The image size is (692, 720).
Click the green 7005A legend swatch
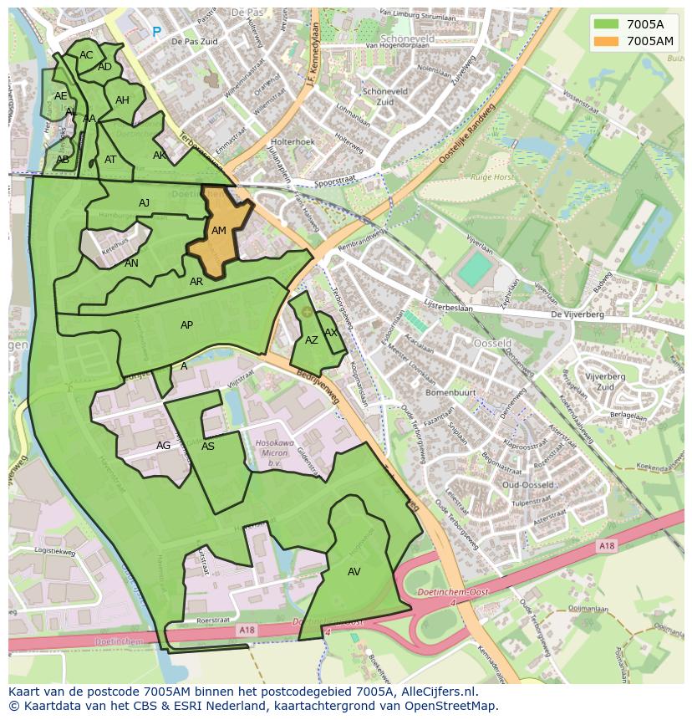tap(607, 25)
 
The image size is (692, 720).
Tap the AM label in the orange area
tap(219, 231)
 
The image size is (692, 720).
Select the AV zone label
tap(354, 572)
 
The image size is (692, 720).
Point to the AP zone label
tap(187, 325)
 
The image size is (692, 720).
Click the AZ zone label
tap(312, 340)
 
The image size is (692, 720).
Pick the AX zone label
tap(331, 332)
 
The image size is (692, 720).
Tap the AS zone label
tap(208, 447)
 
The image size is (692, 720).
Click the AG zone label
tap(163, 446)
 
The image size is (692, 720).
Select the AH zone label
tap(123, 100)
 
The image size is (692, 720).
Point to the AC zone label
tap(86, 55)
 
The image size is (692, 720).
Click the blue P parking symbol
tap(156, 32)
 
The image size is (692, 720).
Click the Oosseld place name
tap(493, 343)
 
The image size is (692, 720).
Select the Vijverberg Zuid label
tap(600, 382)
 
